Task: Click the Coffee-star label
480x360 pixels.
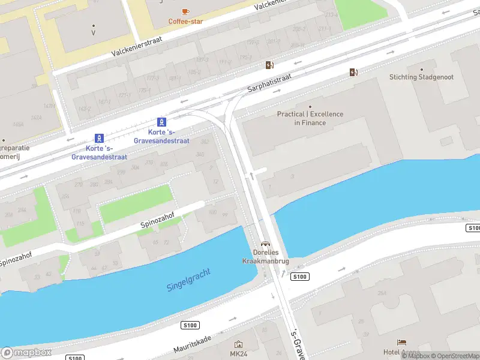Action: point(186,22)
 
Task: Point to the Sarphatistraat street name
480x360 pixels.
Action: point(269,83)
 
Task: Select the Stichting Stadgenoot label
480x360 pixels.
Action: point(421,77)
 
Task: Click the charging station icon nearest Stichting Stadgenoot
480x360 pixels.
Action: point(354,73)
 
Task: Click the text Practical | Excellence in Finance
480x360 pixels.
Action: point(310,118)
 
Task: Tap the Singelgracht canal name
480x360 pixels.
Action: point(190,280)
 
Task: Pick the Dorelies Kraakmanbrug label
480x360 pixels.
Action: point(265,257)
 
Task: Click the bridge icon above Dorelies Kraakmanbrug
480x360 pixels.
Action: point(265,244)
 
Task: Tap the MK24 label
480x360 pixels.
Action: point(238,354)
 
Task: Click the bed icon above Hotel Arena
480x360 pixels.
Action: point(401,342)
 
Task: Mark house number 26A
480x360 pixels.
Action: point(382,293)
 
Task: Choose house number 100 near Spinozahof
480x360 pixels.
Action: point(212,212)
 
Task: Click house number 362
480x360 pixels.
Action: point(205,142)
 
